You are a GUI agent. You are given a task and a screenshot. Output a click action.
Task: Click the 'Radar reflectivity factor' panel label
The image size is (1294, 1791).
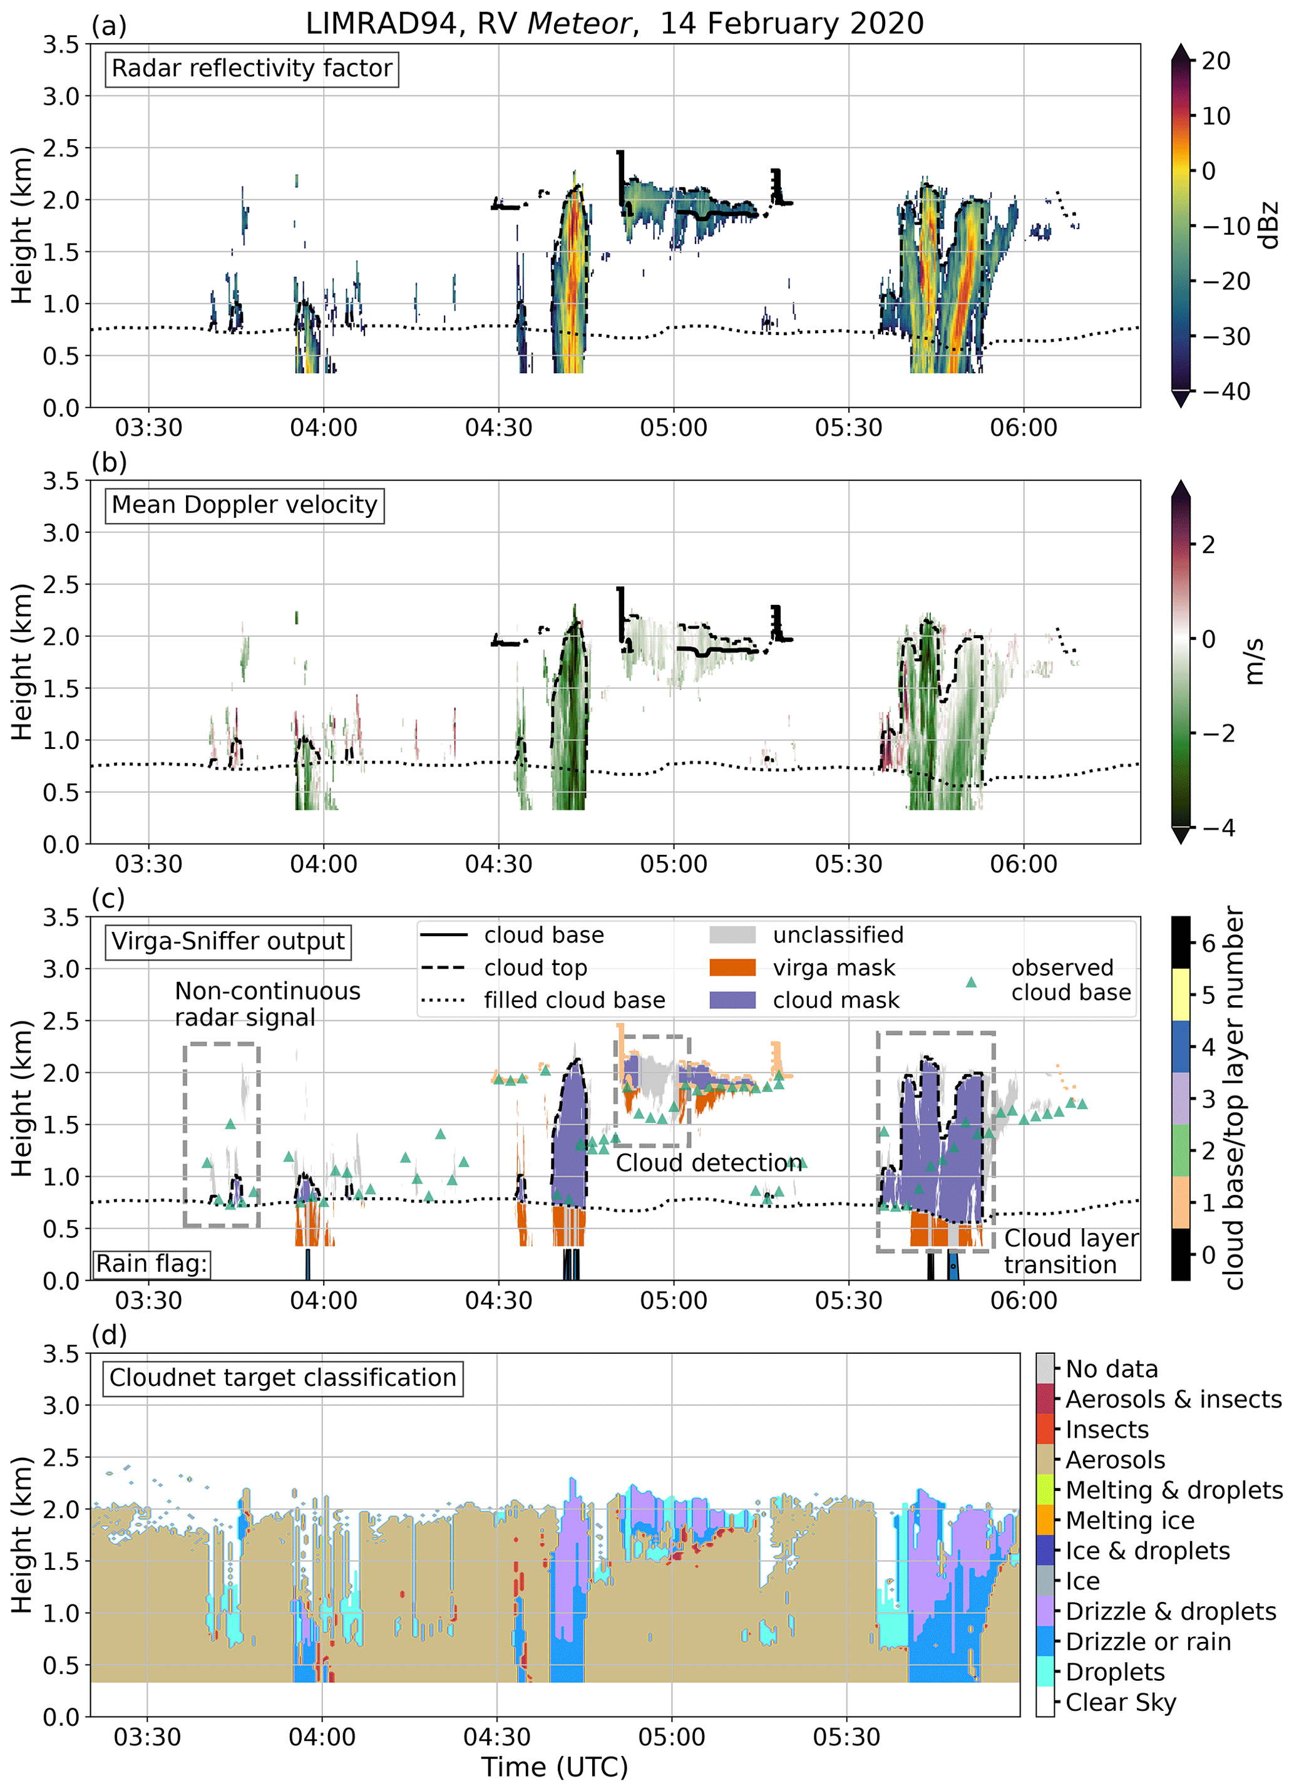tap(251, 69)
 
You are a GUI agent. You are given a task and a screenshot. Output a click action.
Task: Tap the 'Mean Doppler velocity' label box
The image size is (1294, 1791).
tap(244, 505)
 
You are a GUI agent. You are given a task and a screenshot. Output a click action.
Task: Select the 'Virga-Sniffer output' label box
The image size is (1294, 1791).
tap(227, 941)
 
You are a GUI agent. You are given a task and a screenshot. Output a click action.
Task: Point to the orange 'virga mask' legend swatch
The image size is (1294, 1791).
tap(732, 968)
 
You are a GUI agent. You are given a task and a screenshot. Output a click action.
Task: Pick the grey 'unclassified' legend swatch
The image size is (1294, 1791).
tap(732, 935)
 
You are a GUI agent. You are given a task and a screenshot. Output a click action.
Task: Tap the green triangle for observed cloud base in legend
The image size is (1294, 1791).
tap(971, 983)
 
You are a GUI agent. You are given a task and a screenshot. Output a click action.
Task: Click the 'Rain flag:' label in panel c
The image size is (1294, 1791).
tap(151, 1264)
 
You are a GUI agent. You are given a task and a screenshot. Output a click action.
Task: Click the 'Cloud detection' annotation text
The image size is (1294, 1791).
tap(708, 1163)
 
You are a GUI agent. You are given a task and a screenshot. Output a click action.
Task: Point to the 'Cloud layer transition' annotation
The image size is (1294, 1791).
tap(1071, 1252)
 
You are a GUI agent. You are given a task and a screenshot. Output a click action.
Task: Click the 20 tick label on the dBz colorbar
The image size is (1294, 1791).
tap(1216, 61)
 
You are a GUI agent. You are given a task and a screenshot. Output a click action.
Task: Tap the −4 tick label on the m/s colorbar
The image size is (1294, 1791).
tap(1216, 828)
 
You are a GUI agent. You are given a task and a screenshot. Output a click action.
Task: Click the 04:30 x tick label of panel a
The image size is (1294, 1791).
tap(498, 428)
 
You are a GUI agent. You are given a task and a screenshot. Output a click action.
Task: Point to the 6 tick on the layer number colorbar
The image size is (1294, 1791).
tap(1208, 943)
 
